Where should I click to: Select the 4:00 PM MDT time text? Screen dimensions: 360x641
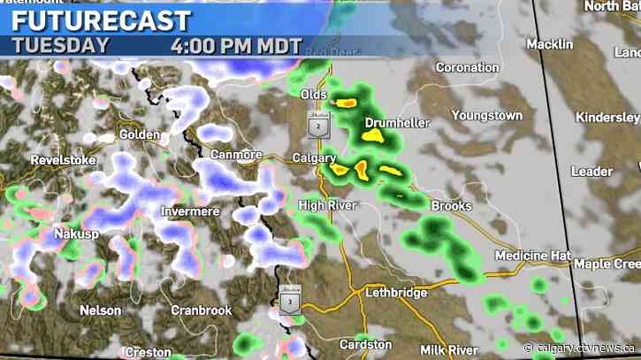236,46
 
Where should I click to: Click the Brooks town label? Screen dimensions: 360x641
451,206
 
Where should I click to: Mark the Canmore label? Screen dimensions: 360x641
238,155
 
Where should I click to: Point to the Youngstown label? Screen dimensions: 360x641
487,115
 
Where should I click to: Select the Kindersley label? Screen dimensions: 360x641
607,118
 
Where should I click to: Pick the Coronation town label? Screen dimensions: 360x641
469,67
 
